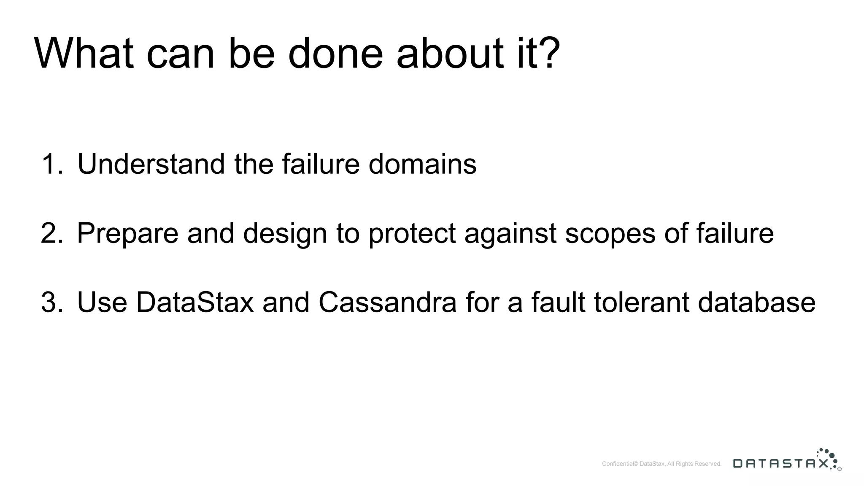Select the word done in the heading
click(335, 54)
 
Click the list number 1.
click(51, 164)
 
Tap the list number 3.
click(51, 302)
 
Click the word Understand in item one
click(151, 164)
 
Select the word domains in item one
click(422, 164)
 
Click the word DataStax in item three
click(195, 302)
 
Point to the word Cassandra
click(387, 302)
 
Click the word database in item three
click(756, 302)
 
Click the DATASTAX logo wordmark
click(780, 464)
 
